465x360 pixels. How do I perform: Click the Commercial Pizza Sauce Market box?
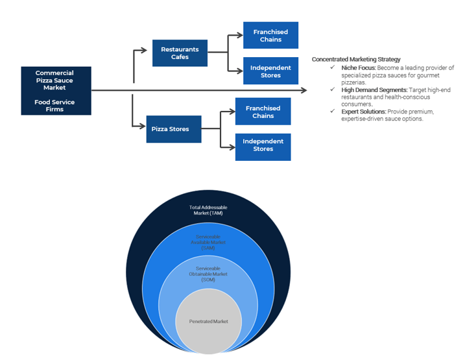(x=56, y=90)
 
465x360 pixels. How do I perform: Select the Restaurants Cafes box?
(x=180, y=53)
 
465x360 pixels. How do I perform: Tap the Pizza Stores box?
(x=170, y=129)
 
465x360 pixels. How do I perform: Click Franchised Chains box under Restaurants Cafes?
(x=270, y=35)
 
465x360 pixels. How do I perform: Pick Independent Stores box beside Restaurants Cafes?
(x=270, y=71)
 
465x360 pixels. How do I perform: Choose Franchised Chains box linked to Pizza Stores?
(x=263, y=112)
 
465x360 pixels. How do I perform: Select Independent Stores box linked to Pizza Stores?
(x=263, y=145)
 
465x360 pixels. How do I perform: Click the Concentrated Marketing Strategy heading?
(x=355, y=60)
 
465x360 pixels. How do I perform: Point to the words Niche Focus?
(x=358, y=68)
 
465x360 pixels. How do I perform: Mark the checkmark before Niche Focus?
(x=333, y=68)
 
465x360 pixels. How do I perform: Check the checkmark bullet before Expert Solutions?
(x=333, y=112)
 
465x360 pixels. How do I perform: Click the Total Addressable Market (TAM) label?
(x=208, y=210)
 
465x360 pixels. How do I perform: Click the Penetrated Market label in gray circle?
(x=208, y=321)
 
